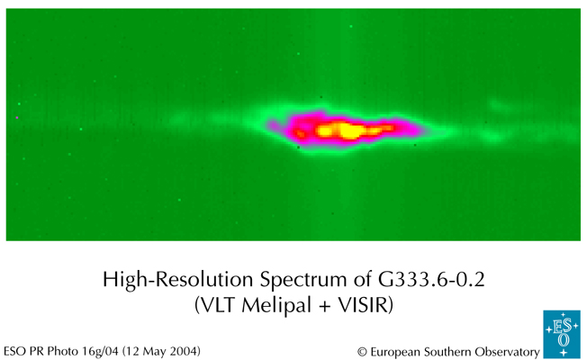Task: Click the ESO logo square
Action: point(562,335)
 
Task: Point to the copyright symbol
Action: point(362,350)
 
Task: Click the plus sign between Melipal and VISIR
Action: point(318,305)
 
